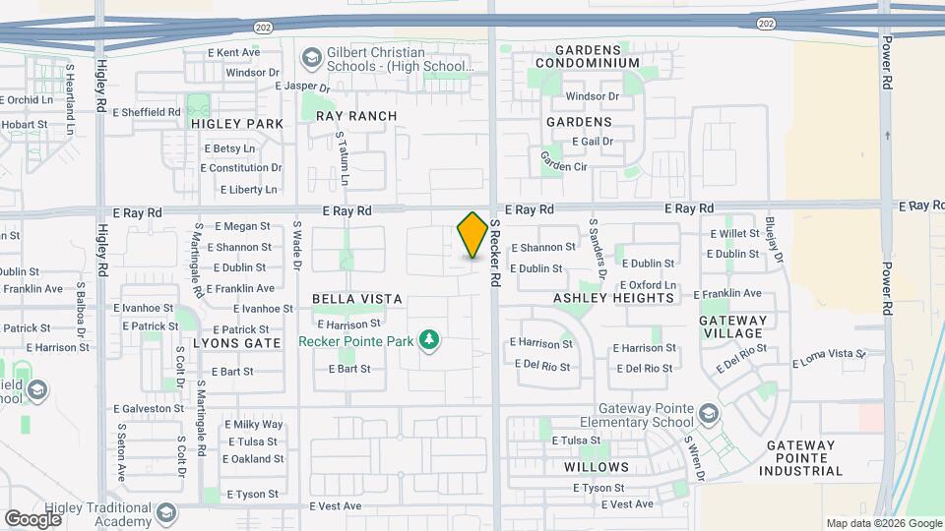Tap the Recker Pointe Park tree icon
coord(428,341)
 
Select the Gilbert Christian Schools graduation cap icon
coord(312,58)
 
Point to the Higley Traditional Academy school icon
coord(166,512)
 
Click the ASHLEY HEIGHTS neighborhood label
coord(601,298)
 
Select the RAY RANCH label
coord(356,116)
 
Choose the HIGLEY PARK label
coord(237,124)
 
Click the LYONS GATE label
coord(237,343)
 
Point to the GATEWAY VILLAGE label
coord(732,326)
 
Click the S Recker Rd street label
coord(496,254)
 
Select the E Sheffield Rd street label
coord(147,112)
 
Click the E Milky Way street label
coord(254,425)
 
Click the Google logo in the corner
coord(32,518)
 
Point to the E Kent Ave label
coord(233,52)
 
